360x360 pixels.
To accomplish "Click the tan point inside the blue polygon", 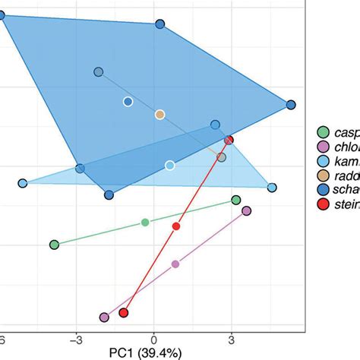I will point(159,115).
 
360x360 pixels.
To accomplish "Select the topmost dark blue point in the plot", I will point(159,25).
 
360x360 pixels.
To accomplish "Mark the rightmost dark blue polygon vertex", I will point(290,105).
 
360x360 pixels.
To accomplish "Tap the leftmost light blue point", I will point(23,183).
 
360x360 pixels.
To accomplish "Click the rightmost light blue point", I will point(271,187).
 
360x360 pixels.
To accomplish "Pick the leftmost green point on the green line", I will point(54,245).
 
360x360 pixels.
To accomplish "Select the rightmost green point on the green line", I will point(236,201).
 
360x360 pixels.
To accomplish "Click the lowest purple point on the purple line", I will point(104,317).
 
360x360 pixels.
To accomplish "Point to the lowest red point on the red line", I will point(124,313).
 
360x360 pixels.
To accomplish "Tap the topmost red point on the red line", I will point(229,141).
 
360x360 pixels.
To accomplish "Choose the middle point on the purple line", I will point(175,264).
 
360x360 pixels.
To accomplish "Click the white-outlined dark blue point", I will point(128,102).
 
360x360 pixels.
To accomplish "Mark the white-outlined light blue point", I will point(169,165).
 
